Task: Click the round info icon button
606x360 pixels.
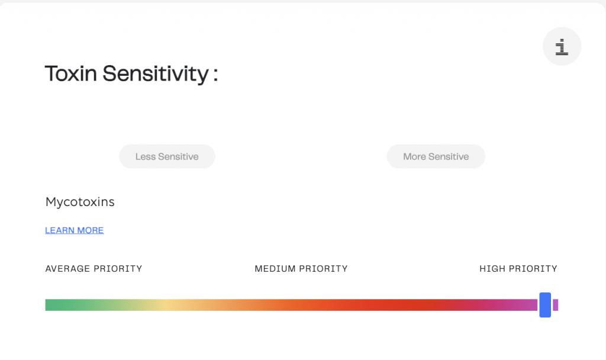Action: [x=562, y=46]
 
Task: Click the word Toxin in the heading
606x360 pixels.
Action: [x=71, y=73]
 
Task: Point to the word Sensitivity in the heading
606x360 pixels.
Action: [x=156, y=74]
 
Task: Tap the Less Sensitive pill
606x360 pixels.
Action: [x=167, y=156]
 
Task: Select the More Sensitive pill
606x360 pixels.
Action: [x=436, y=156]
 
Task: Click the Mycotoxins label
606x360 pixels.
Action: [x=80, y=202]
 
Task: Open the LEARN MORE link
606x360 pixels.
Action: [x=75, y=230]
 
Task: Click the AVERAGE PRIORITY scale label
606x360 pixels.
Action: [x=94, y=269]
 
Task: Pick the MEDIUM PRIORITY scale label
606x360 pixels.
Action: [x=301, y=269]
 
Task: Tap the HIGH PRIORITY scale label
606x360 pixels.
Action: [x=518, y=269]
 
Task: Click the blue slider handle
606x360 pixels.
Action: [x=545, y=305]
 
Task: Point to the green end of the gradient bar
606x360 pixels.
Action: [x=50, y=305]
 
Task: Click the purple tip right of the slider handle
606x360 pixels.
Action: [x=555, y=305]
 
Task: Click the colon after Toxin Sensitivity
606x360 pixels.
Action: [x=215, y=74]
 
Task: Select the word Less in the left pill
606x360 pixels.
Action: [x=145, y=156]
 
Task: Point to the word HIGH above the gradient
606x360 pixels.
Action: [x=492, y=269]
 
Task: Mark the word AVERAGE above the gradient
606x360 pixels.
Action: [x=67, y=269]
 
